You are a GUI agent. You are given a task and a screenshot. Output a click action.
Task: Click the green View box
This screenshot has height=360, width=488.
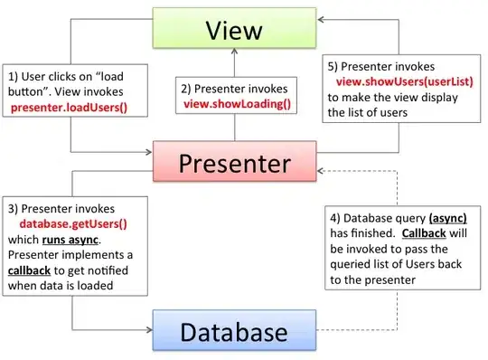pos(234,28)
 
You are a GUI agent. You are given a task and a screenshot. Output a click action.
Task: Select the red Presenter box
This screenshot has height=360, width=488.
pos(235,161)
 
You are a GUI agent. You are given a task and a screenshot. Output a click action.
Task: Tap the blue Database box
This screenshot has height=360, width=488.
pos(234,330)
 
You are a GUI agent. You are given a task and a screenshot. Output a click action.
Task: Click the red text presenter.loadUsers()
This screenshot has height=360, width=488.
pos(69,108)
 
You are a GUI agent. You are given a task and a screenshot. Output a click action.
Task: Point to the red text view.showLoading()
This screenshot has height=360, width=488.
pos(237,104)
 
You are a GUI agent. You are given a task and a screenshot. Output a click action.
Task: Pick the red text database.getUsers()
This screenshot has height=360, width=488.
pos(73,224)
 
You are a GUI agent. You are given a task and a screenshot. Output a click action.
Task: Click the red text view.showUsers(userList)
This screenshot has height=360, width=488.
pos(405,82)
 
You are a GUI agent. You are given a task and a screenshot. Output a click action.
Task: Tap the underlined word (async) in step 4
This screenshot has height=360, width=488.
pos(448,218)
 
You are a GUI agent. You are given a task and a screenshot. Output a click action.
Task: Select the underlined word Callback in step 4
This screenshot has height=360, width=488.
pos(424,233)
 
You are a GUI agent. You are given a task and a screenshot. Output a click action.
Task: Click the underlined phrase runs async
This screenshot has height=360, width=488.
pos(70,240)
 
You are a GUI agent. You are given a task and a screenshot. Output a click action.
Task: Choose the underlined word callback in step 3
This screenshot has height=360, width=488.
pos(29,270)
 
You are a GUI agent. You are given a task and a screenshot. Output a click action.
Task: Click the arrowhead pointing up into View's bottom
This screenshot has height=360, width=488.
pos(235,51)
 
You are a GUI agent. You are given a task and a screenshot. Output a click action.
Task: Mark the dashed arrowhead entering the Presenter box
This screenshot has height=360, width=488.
pos(321,171)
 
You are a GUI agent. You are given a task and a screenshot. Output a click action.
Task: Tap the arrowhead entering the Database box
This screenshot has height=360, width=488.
pos(149,329)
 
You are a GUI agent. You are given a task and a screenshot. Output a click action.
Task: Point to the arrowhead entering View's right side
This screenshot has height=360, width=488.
pos(321,20)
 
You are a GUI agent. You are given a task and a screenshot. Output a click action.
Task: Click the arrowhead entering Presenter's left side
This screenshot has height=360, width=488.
pos(149,152)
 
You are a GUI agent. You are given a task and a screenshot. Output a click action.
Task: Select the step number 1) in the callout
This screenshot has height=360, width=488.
pos(13,77)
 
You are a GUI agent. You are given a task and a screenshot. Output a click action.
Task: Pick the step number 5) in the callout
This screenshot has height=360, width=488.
pos(333,67)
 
